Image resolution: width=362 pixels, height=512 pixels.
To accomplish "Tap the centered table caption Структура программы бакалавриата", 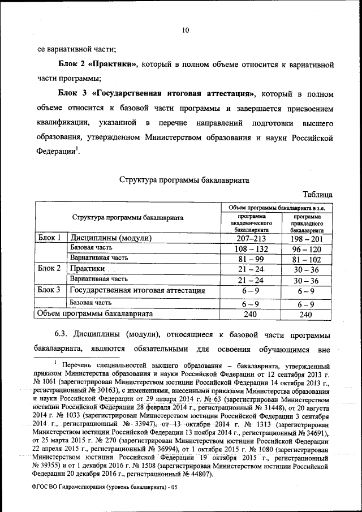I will [x=184, y=180].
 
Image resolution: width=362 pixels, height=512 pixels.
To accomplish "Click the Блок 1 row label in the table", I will [x=49, y=238].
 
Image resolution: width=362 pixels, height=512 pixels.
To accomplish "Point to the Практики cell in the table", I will [x=88, y=269].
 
